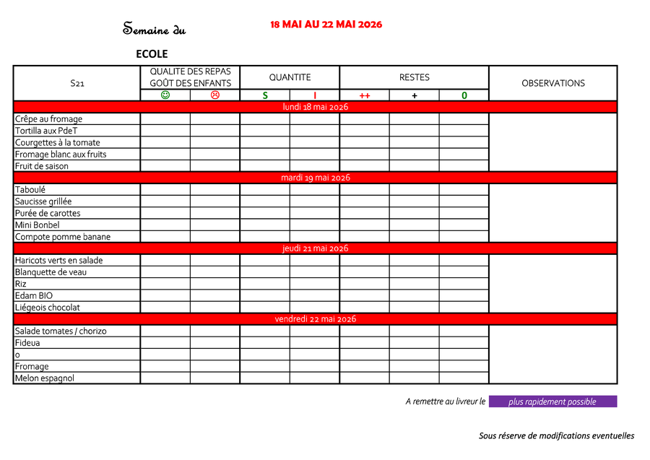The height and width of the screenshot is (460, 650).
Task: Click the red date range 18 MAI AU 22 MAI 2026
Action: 326,25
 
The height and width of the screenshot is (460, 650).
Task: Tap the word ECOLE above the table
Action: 152,54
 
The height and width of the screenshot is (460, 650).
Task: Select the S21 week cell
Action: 77,84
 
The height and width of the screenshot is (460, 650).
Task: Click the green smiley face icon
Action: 165,95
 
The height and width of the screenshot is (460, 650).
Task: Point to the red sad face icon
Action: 214,95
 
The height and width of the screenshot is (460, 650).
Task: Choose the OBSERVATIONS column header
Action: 553,83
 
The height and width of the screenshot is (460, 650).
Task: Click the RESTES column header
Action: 414,77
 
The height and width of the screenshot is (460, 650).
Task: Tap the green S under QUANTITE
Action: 265,95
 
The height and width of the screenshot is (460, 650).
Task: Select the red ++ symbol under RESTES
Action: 365,95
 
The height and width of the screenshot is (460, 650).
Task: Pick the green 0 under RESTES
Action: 464,95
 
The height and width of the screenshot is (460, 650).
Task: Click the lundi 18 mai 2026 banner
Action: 315,107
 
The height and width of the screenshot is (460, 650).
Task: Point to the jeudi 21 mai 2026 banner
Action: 315,248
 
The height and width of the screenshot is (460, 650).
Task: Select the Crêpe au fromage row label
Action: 49,119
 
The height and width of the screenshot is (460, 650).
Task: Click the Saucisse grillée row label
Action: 43,201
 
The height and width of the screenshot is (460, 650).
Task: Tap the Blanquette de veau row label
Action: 51,272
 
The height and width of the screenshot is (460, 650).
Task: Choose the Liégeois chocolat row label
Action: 48,308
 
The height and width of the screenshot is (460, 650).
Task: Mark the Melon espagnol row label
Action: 45,378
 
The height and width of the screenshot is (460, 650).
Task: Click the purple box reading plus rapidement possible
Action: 552,402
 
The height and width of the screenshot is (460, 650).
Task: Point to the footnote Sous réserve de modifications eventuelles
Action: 556,436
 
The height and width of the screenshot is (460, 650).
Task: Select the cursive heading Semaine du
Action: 155,30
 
